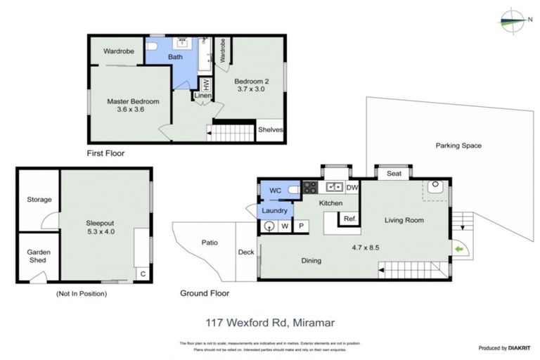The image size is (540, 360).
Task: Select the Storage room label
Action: coord(39,200)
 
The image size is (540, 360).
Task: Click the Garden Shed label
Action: coord(38,257)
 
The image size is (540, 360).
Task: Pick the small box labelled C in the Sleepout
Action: coord(142,274)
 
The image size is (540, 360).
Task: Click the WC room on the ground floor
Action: coord(276,189)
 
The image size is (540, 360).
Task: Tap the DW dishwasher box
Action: coord(352,188)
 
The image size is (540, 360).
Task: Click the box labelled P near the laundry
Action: coord(300,226)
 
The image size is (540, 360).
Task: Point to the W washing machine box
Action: coord(285,226)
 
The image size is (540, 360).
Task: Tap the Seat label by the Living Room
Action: coord(394,174)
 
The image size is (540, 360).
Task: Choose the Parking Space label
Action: coord(458,146)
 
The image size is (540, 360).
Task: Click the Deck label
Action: coord(246,252)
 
